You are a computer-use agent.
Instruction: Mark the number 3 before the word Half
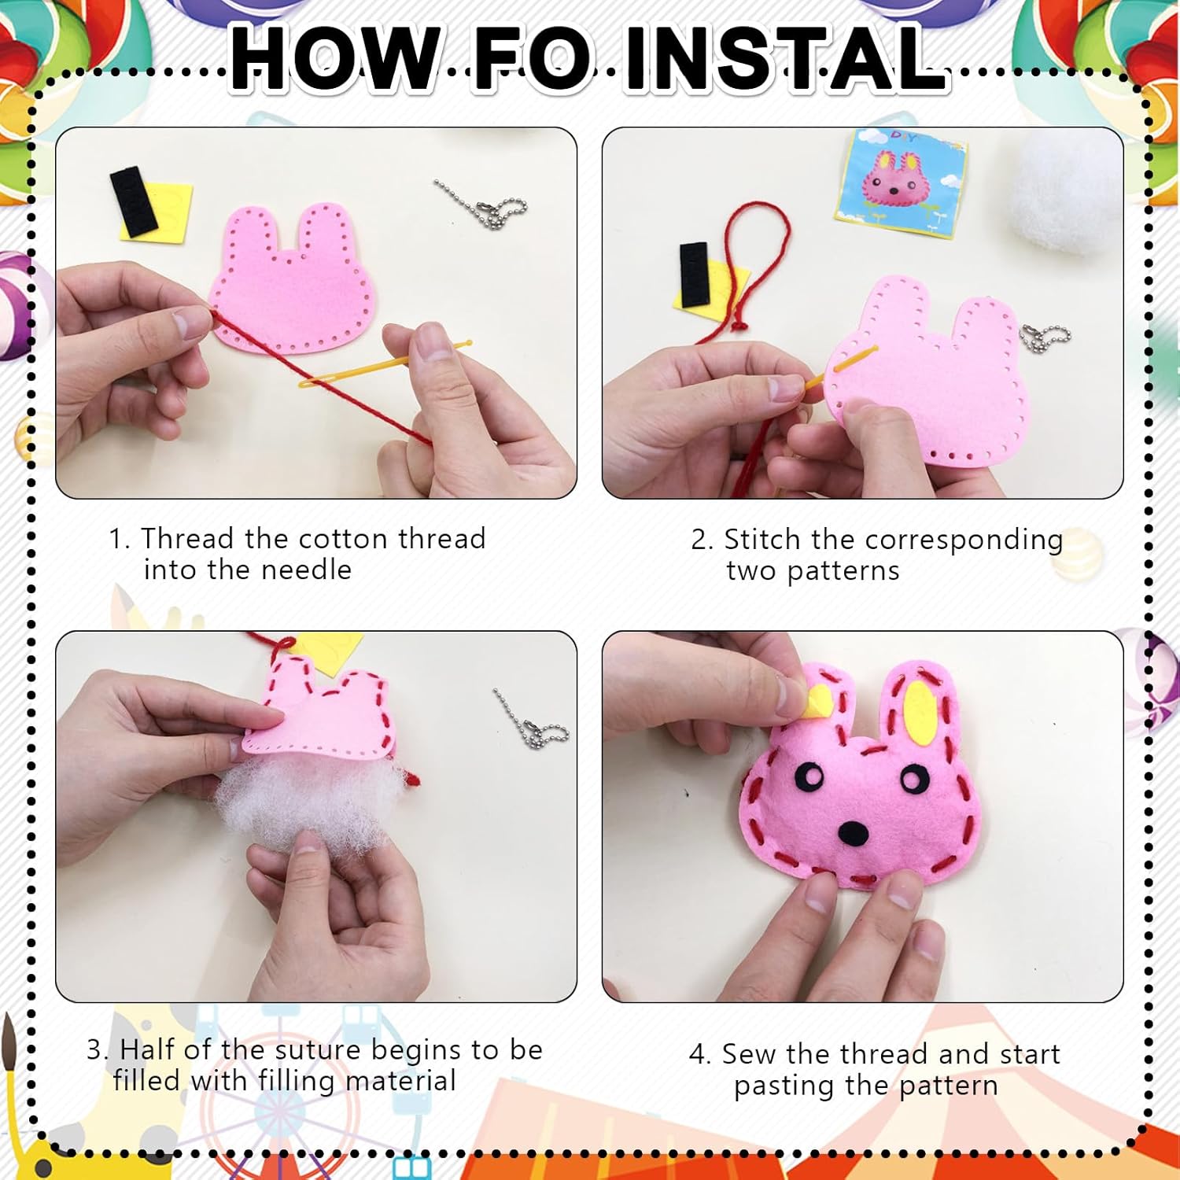click(x=94, y=1050)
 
